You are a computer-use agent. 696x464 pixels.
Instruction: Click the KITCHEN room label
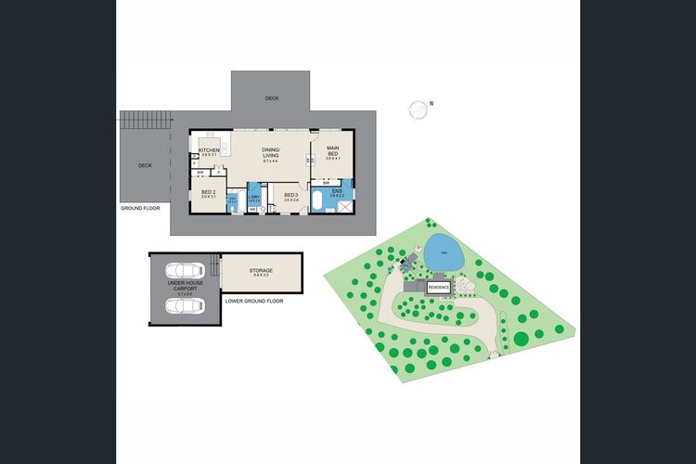(209, 149)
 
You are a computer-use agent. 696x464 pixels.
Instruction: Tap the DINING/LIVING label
(271, 152)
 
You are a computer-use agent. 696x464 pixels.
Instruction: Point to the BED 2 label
(209, 193)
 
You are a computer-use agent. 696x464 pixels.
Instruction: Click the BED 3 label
(290, 195)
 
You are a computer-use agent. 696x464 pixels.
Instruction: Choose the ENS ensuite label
(337, 191)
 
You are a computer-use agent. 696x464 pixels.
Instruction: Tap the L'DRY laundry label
(252, 197)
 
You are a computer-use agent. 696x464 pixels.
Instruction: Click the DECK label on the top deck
(271, 97)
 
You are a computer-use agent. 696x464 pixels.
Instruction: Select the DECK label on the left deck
(145, 165)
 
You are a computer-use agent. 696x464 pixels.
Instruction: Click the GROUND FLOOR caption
(140, 208)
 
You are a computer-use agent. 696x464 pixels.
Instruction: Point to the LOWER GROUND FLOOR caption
(253, 301)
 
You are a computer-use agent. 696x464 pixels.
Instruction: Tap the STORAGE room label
(262, 270)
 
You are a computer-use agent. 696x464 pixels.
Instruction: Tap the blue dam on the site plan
(444, 252)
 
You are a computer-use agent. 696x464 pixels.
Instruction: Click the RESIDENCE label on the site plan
(439, 287)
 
